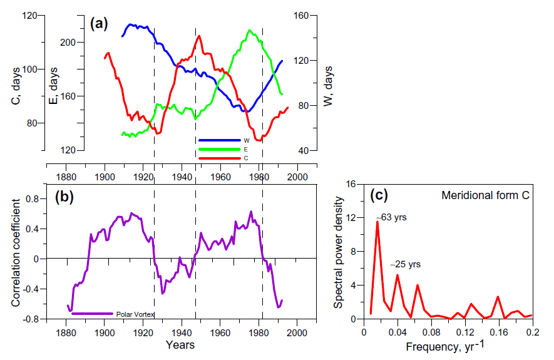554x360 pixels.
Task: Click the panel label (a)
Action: [99, 24]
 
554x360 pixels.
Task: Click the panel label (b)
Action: [64, 197]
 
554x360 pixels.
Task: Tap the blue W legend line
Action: [219, 140]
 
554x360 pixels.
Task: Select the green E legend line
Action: [219, 149]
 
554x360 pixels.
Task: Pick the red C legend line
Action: [219, 158]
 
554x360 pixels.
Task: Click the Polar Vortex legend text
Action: [135, 314]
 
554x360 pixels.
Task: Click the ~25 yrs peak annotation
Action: [406, 265]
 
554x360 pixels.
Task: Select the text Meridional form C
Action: [486, 196]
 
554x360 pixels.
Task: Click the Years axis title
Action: [180, 345]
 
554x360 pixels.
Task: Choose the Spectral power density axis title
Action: [338, 251]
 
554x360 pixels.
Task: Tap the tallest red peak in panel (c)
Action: [377, 222]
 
